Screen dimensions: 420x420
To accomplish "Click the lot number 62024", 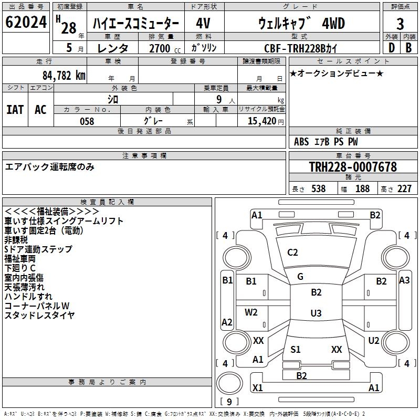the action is (x=25, y=24).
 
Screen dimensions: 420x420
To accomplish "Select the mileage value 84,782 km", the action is (x=64, y=75).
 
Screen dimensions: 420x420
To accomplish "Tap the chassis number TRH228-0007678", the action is (x=352, y=167).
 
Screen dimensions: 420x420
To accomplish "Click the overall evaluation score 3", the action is (x=400, y=24).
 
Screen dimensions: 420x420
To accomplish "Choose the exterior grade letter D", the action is (x=391, y=47).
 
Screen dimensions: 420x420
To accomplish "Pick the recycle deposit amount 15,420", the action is (x=258, y=121).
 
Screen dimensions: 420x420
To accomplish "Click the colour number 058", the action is (x=87, y=121).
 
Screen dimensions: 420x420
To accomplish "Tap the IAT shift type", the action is (x=15, y=109).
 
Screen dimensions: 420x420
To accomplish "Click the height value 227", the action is (x=404, y=188).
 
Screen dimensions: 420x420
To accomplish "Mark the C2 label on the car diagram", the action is (x=292, y=253).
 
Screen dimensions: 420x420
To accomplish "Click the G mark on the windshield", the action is (x=300, y=277).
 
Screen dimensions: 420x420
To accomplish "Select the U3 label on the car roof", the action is (x=316, y=313).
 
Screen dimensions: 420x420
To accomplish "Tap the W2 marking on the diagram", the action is (x=251, y=312).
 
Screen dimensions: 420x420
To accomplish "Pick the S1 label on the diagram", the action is (x=296, y=350).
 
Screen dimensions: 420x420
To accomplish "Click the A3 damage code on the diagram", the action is (x=404, y=280).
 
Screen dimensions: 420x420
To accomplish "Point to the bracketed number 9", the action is (x=229, y=402).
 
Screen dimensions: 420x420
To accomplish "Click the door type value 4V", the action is (x=204, y=24).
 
